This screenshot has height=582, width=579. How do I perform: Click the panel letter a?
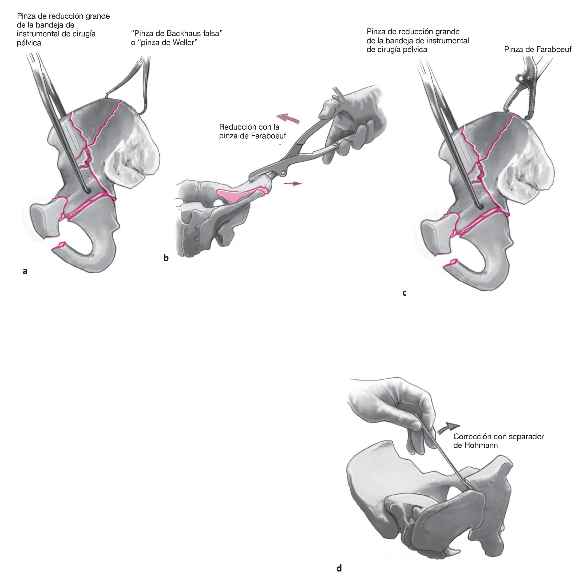click(x=25, y=271)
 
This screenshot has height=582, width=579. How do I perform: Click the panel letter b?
click(x=166, y=258)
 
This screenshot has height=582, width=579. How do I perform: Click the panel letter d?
click(x=339, y=568)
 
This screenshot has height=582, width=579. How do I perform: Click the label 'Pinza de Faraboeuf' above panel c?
click(x=537, y=49)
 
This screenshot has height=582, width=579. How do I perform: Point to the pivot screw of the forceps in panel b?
click(x=283, y=173)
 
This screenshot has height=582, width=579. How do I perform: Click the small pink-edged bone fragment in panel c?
click(x=451, y=263)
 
